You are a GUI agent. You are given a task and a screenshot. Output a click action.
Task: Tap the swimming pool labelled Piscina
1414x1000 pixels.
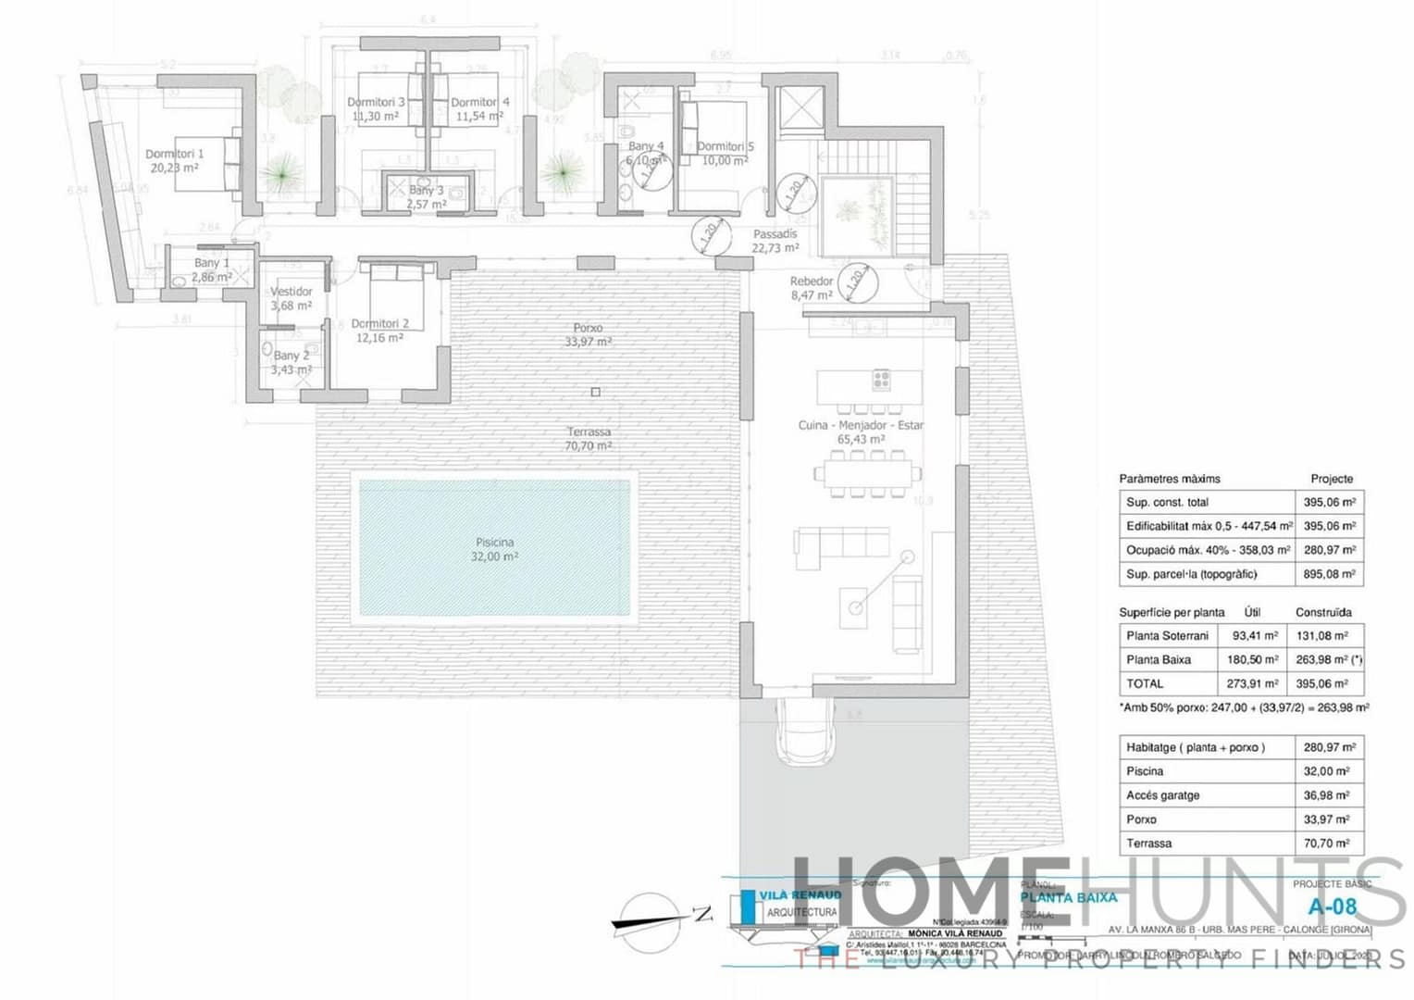click(494, 545)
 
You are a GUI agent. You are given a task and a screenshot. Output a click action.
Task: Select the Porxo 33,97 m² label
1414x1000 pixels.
click(588, 334)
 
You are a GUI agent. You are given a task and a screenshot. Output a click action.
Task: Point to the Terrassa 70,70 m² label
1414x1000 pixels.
click(588, 439)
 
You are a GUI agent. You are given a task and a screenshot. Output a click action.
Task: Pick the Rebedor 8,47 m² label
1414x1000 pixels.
click(812, 288)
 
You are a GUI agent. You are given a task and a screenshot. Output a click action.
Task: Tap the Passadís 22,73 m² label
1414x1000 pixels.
click(775, 241)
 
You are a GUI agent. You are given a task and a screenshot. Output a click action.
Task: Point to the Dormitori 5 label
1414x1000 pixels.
click(725, 153)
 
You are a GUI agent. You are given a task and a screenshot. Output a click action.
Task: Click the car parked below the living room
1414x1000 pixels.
click(805, 731)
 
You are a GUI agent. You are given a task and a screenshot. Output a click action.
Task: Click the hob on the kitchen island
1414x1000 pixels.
click(881, 379)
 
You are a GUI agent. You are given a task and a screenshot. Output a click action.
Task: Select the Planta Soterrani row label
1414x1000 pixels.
click(1167, 636)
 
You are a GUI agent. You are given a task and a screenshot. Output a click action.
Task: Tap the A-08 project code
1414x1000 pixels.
click(1332, 906)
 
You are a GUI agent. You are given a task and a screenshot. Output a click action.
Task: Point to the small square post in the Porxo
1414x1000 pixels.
click(595, 392)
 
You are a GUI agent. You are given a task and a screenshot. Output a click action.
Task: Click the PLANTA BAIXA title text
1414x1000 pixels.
click(1069, 897)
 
